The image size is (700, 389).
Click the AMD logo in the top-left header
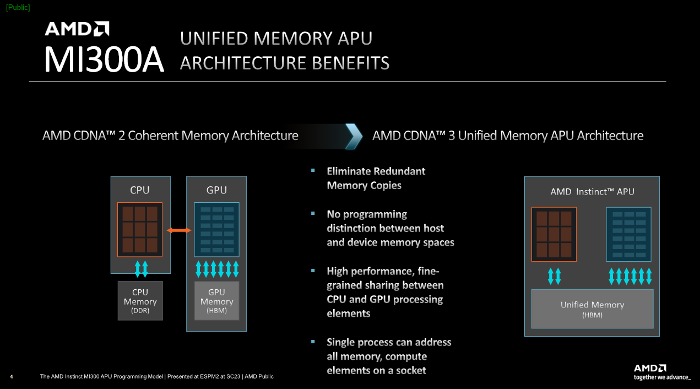(x=77, y=29)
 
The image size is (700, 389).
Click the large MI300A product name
(x=104, y=60)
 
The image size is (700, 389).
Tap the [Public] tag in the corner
(x=18, y=7)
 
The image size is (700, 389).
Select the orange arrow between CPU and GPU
(x=178, y=230)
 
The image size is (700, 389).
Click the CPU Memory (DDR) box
(x=140, y=301)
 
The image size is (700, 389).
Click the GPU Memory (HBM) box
(x=216, y=301)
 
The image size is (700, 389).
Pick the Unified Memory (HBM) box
(x=592, y=309)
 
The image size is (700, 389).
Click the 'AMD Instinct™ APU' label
(x=592, y=192)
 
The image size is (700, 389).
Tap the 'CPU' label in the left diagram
(x=140, y=190)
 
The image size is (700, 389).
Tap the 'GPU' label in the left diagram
(x=216, y=190)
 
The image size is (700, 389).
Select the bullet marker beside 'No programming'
(x=313, y=213)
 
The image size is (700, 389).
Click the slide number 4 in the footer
(x=12, y=377)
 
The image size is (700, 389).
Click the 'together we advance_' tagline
(x=661, y=377)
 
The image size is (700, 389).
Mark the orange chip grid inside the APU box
(x=554, y=234)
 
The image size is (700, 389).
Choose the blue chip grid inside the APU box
(x=628, y=234)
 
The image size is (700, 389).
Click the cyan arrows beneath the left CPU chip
(x=142, y=269)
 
